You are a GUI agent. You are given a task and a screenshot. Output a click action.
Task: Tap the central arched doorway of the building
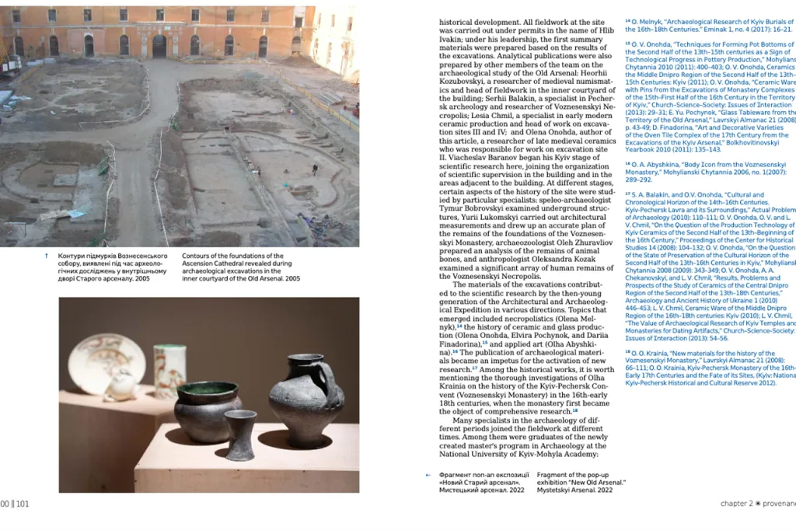click(x=159, y=45)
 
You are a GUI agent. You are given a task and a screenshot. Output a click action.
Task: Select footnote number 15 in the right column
click(x=628, y=44)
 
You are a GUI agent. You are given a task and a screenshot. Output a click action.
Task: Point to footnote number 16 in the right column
click(x=628, y=164)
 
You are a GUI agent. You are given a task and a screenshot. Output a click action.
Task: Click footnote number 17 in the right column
click(x=628, y=194)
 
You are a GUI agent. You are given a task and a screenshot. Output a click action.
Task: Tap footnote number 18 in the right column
click(x=628, y=352)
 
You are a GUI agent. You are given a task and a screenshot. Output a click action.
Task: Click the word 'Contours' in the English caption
click(x=197, y=256)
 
